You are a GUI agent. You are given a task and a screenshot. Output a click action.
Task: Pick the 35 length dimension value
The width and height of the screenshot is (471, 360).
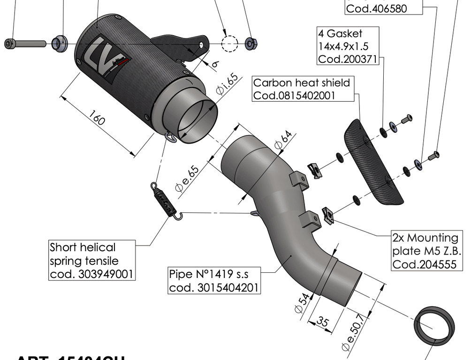point(322,323)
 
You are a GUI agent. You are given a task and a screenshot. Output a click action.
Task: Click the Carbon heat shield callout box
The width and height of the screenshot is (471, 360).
point(302,89)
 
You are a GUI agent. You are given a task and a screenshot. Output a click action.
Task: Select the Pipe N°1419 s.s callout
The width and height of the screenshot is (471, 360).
point(214,280)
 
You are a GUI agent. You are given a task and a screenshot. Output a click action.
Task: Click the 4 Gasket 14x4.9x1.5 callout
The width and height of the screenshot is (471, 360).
point(347,46)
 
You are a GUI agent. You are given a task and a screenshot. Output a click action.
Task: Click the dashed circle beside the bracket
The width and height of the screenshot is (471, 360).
point(230,43)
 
